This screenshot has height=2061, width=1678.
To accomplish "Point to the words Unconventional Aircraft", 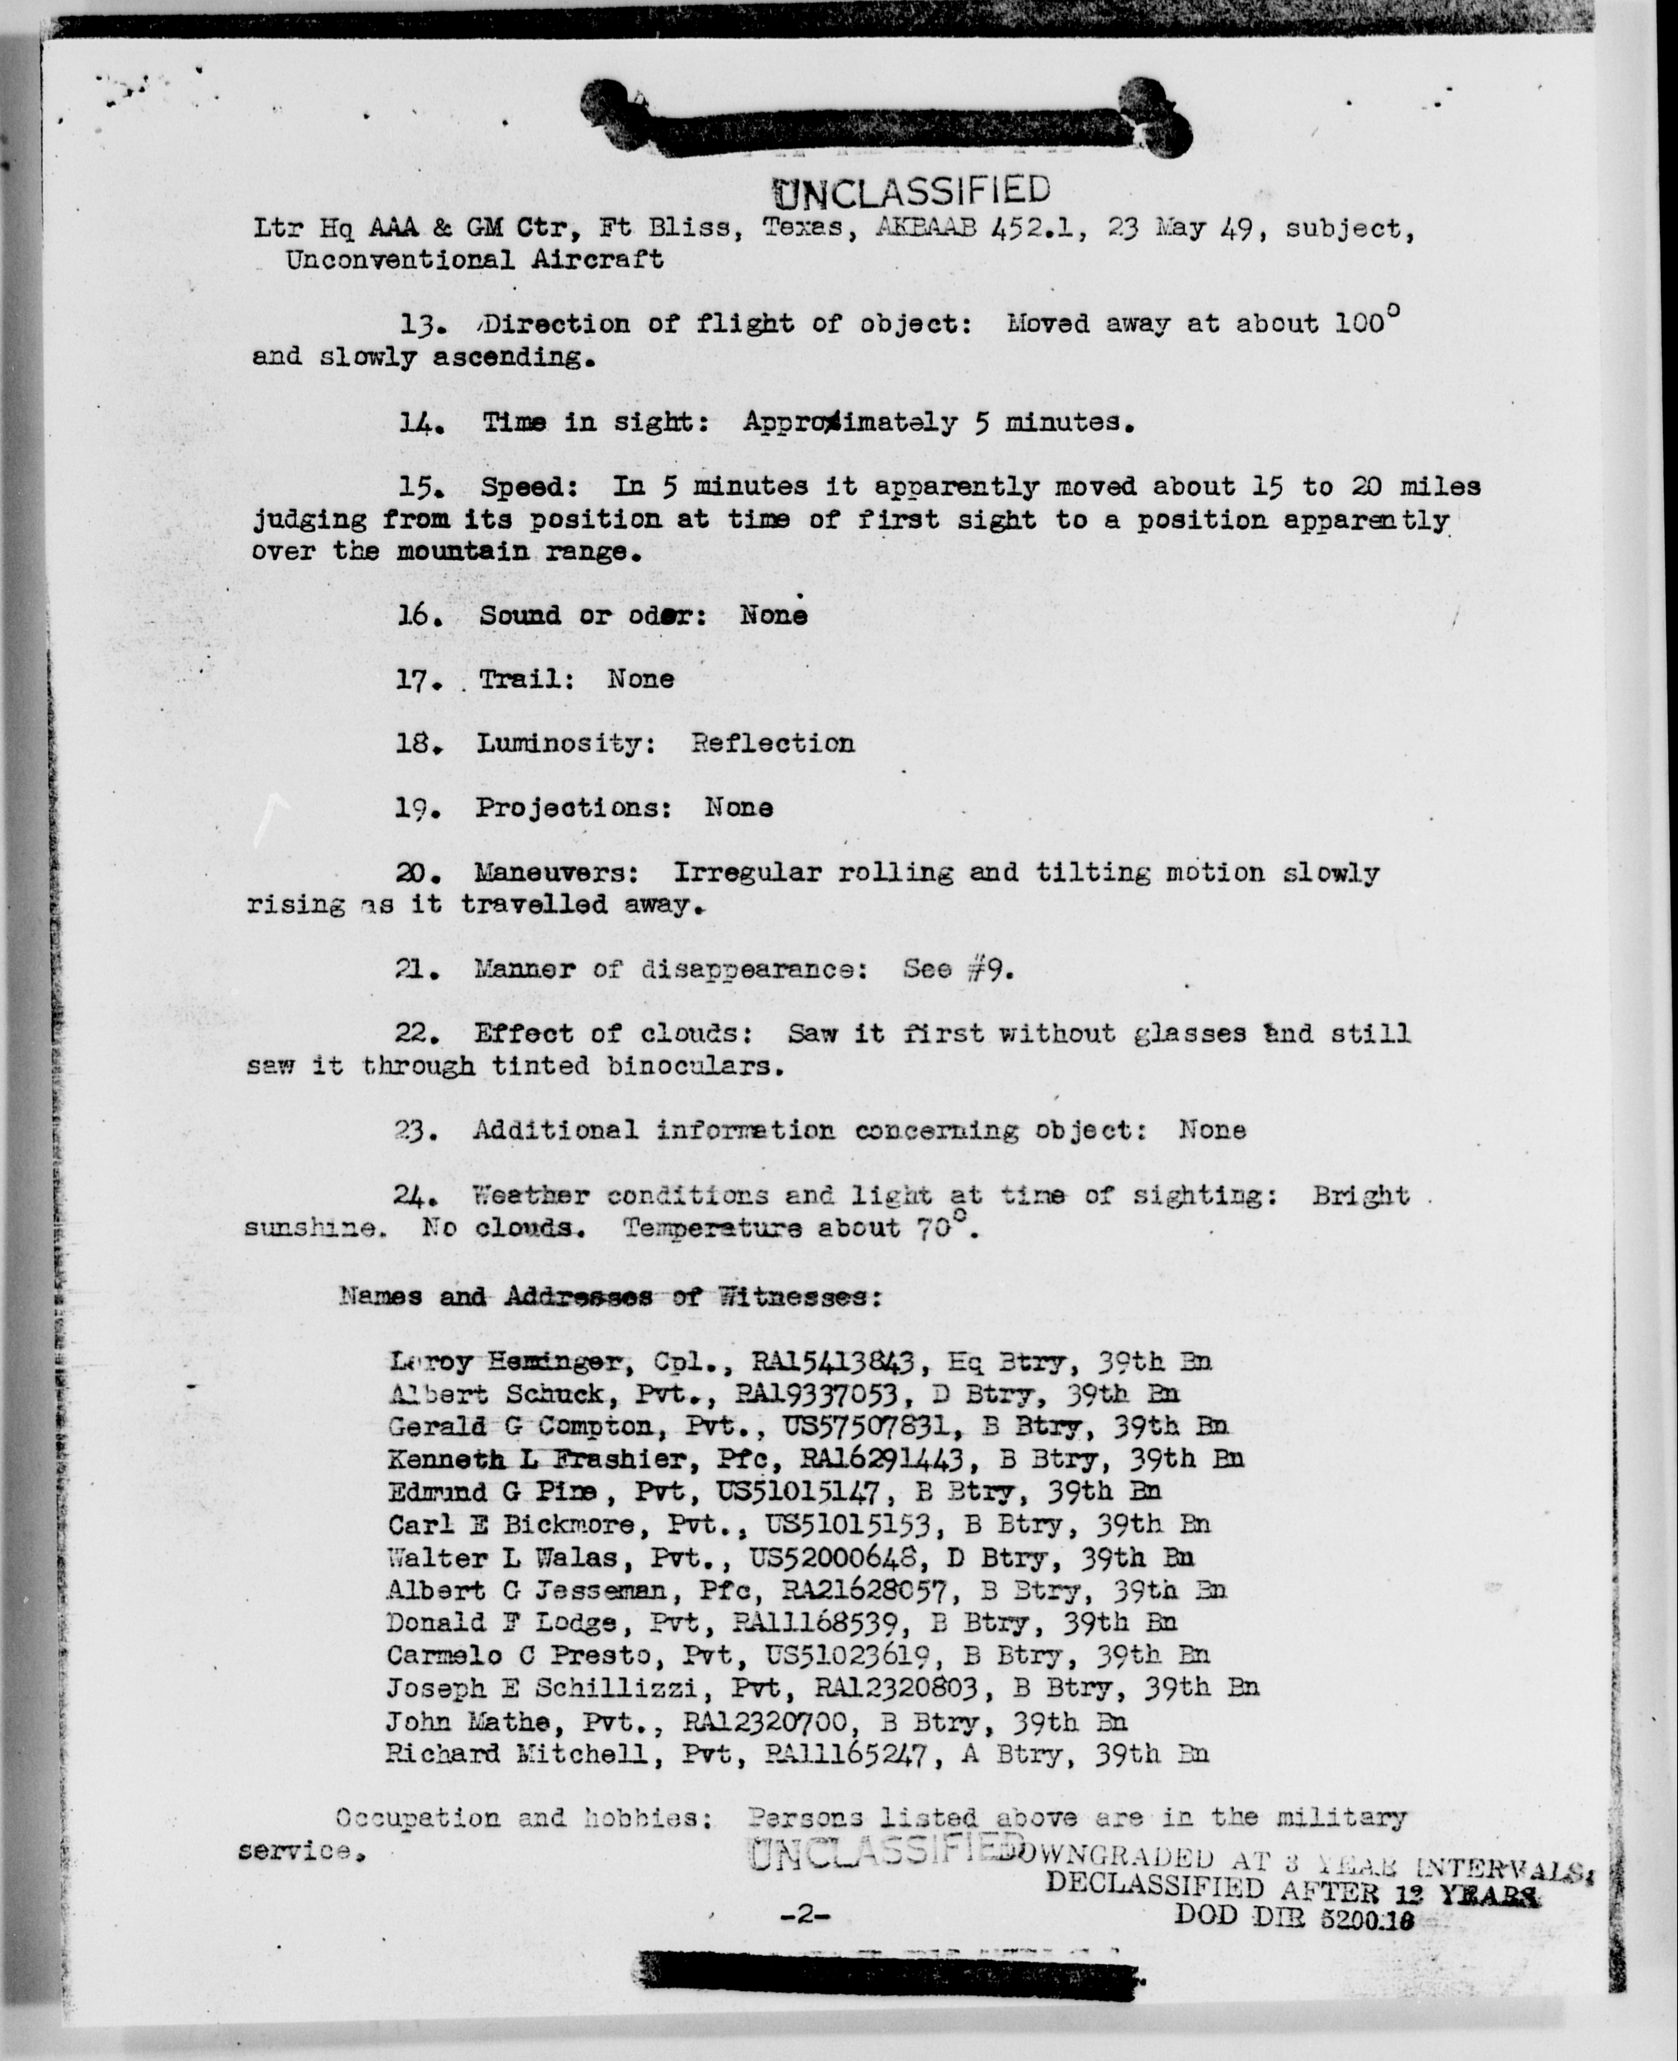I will click(x=474, y=259).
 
